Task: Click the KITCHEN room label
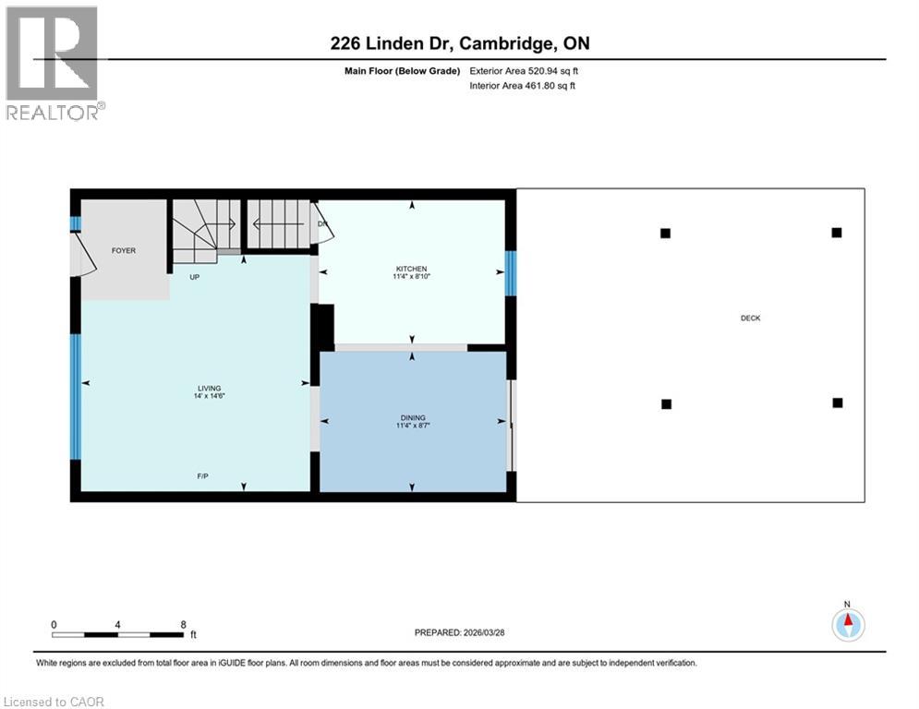[412, 269]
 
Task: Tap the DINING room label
[412, 417]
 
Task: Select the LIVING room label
[209, 388]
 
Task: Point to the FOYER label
[124, 250]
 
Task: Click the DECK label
[750, 318]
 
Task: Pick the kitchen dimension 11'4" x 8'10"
[412, 277]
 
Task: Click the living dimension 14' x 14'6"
[209, 396]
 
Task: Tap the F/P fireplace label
[201, 476]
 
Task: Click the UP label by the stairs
[195, 276]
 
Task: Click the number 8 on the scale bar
[183, 624]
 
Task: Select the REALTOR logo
[54, 63]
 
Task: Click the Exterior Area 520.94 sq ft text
[524, 70]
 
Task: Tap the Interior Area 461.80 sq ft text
[524, 86]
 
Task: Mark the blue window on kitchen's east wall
[511, 274]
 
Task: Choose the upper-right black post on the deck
[836, 233]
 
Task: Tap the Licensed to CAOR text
[54, 702]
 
